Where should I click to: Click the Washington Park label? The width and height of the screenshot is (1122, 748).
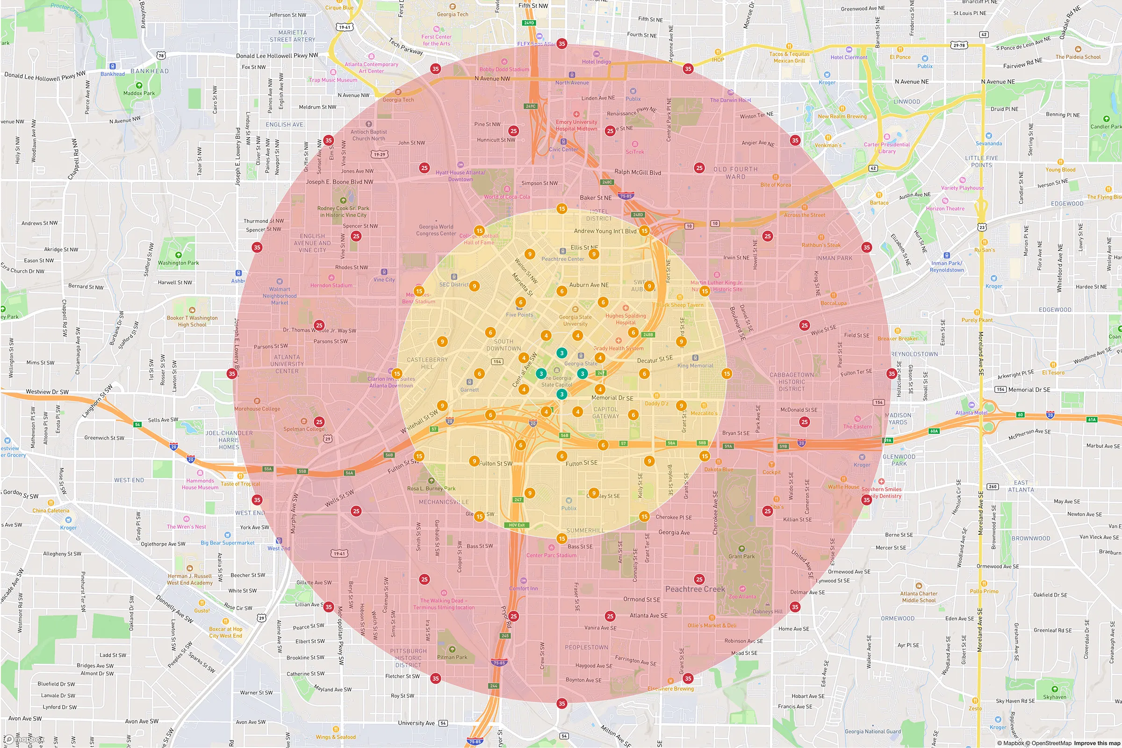click(x=179, y=263)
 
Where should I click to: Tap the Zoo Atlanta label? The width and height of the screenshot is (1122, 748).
click(x=742, y=597)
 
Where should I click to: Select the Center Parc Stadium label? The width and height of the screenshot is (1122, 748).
click(x=551, y=555)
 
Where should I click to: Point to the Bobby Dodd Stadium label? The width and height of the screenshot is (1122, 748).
click(x=504, y=69)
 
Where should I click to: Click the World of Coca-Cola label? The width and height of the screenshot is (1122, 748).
click(x=507, y=196)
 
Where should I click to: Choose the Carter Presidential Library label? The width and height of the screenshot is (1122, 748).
click(x=887, y=148)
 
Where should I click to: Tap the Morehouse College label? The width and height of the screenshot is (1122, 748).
click(x=257, y=409)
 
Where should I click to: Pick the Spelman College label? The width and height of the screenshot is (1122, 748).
click(x=304, y=429)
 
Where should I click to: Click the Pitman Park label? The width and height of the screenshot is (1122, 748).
click(x=452, y=657)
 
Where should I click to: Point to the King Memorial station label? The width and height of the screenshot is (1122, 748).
click(x=695, y=366)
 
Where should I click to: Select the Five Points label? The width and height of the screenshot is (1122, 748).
click(x=519, y=315)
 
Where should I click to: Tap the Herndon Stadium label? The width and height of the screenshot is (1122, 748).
click(x=331, y=285)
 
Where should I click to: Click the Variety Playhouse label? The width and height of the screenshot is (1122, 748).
click(x=962, y=188)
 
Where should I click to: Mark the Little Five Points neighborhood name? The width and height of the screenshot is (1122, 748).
click(x=981, y=162)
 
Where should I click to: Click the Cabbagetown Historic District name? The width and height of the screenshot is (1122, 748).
click(x=792, y=381)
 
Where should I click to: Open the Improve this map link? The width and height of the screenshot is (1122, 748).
click(x=1097, y=743)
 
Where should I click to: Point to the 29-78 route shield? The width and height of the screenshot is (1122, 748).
click(x=959, y=45)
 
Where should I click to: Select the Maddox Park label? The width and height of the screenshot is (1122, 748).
click(x=139, y=93)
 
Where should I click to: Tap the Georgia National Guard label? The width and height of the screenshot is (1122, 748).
click(x=872, y=731)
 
